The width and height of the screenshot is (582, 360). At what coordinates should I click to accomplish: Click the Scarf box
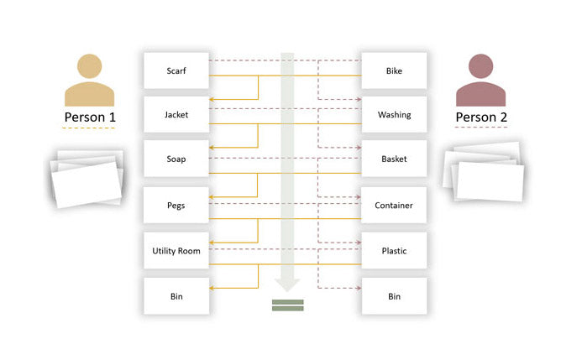[176, 70]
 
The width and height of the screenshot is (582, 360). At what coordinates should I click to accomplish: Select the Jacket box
[176, 114]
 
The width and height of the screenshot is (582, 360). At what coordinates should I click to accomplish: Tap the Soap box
[176, 159]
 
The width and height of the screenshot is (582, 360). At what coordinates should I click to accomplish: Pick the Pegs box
[176, 205]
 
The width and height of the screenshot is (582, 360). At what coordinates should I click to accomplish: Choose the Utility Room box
[176, 251]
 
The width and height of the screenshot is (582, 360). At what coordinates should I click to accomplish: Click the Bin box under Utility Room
[176, 296]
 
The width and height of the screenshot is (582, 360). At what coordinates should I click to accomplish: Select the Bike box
[394, 70]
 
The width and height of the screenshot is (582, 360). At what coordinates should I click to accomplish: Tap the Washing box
[394, 114]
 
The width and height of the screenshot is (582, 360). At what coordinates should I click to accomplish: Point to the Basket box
[394, 159]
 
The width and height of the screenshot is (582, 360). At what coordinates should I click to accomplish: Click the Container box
[394, 205]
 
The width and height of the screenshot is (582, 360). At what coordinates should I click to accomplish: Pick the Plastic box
[394, 251]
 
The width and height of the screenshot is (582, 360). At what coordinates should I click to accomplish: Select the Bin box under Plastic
[394, 296]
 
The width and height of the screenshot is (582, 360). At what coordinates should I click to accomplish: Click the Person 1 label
[90, 117]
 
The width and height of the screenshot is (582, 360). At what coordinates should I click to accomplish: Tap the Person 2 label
[481, 117]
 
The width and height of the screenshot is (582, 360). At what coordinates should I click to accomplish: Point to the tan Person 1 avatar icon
[90, 80]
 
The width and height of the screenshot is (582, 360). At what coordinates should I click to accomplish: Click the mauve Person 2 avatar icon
[481, 80]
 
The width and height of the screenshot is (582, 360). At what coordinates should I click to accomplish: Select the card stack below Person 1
[87, 177]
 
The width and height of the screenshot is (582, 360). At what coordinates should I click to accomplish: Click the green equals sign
[286, 305]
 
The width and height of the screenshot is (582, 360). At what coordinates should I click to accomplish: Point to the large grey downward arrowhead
[287, 282]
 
